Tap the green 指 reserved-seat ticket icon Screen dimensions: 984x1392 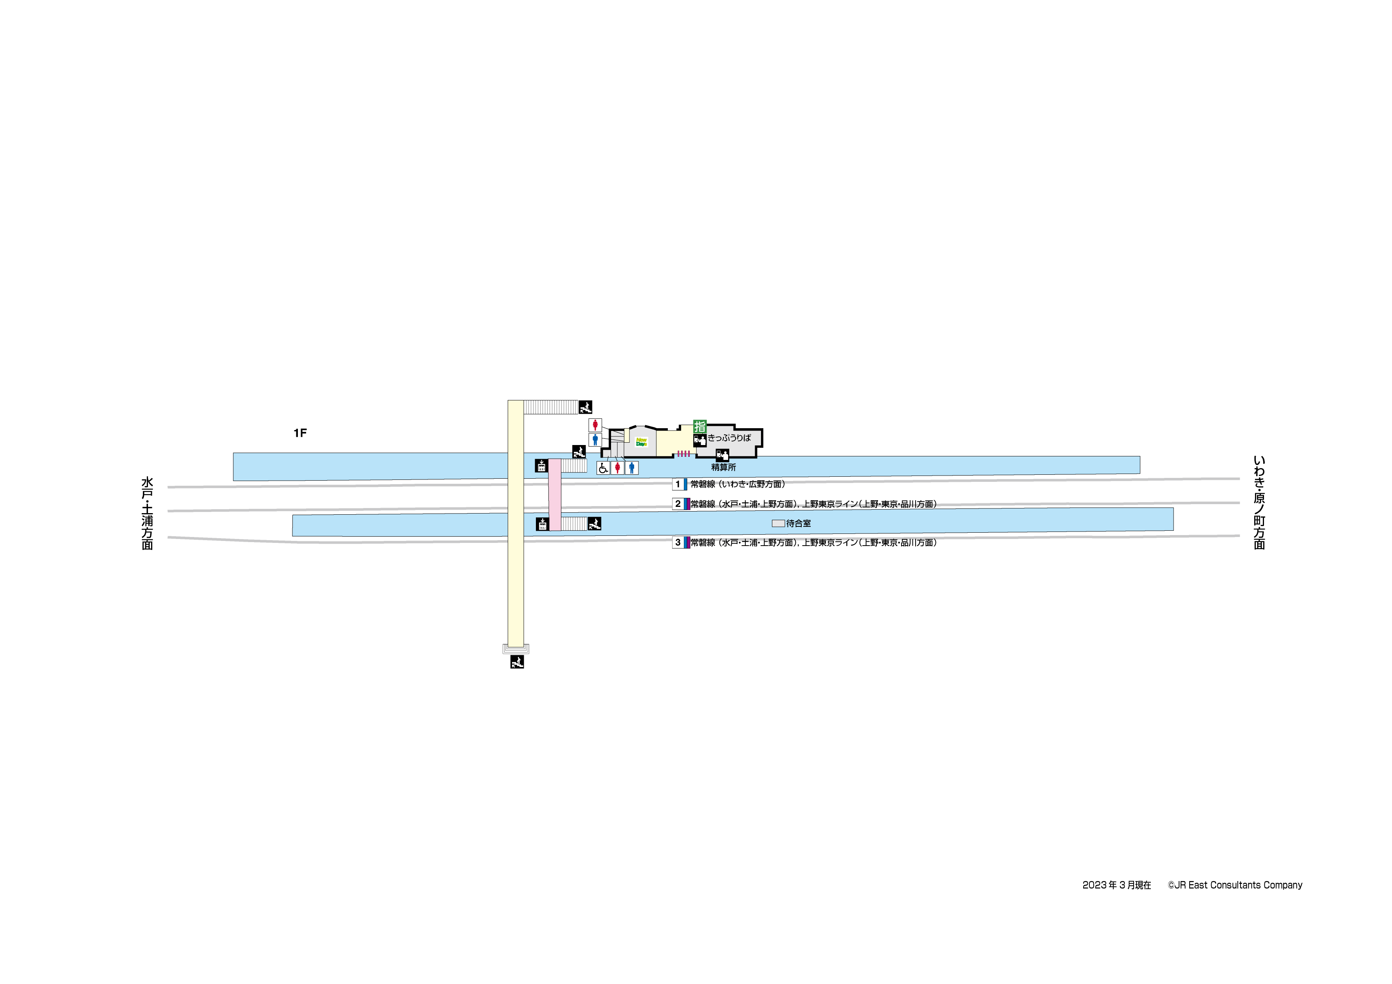point(700,427)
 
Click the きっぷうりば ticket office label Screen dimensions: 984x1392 point(729,438)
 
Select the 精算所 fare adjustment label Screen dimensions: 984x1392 point(723,467)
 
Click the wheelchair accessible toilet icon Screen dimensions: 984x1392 point(602,468)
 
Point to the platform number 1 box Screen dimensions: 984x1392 point(678,485)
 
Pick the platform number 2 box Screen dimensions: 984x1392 point(678,504)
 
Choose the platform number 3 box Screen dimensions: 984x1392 point(678,542)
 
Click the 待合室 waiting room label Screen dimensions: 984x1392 point(799,523)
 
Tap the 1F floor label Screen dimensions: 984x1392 point(300,433)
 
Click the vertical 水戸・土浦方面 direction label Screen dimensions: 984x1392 point(147,514)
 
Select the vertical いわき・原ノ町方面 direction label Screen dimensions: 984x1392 point(1259,503)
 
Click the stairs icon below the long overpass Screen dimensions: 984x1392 point(517,662)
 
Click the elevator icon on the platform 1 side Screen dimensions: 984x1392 point(541,466)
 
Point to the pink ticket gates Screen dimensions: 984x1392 point(683,454)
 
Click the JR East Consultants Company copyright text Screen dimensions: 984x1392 point(1235,885)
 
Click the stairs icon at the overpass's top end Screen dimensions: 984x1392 point(585,407)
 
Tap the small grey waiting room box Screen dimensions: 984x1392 point(778,523)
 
